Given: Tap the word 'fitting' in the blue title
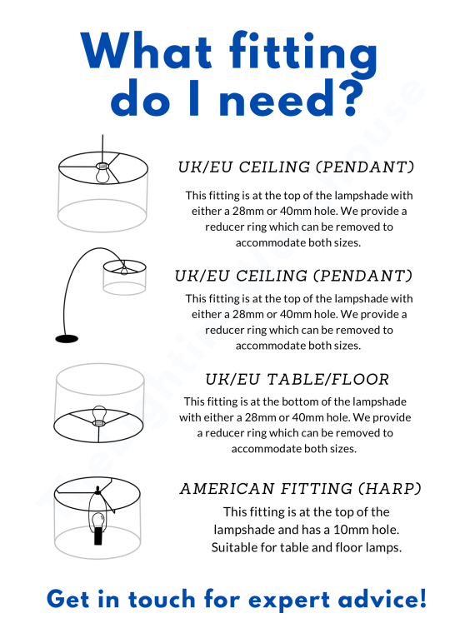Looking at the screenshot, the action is (x=303, y=54).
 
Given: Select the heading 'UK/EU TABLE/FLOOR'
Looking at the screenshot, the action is (x=297, y=380).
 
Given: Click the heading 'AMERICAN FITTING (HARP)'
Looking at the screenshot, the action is (x=301, y=488).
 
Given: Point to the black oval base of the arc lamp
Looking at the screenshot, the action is (x=67, y=339).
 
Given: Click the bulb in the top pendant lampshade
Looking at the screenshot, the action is (x=102, y=172).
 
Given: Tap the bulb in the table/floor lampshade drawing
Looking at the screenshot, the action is (x=99, y=416).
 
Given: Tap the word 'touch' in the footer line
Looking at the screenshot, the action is (x=162, y=599).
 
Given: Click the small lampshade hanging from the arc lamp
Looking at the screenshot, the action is (x=124, y=277).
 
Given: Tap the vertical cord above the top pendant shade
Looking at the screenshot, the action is (x=102, y=148).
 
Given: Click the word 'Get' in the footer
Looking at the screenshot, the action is (x=67, y=599).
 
